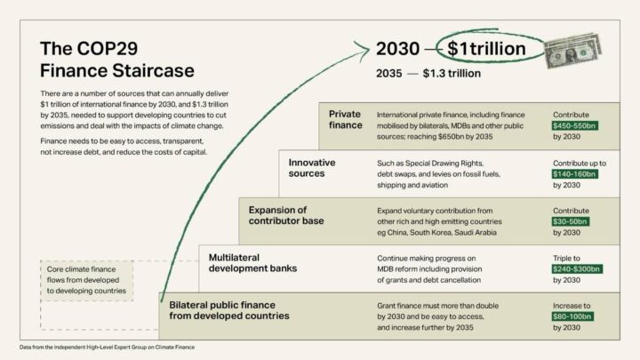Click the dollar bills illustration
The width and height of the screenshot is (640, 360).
point(573,51)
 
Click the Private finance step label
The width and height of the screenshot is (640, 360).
point(345,119)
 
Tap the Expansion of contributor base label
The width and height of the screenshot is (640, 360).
point(286,214)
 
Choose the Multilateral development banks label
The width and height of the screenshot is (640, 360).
point(252,262)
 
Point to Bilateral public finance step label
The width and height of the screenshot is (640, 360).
point(229,309)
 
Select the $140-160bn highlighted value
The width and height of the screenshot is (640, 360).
point(576,174)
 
